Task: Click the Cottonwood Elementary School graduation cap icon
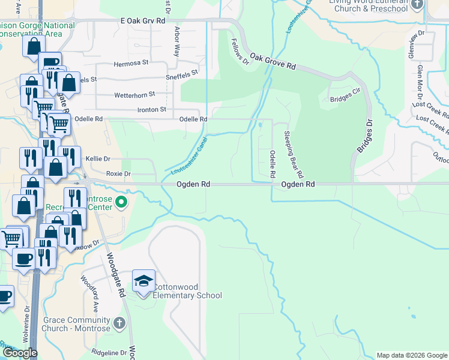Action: pos(143,281)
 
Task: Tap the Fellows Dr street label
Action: pos(240,50)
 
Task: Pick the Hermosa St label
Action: pos(131,64)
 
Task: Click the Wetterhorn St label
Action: pos(134,94)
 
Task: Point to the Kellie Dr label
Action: pos(98,158)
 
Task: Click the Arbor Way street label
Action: pos(176,41)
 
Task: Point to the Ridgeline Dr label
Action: pos(110,353)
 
